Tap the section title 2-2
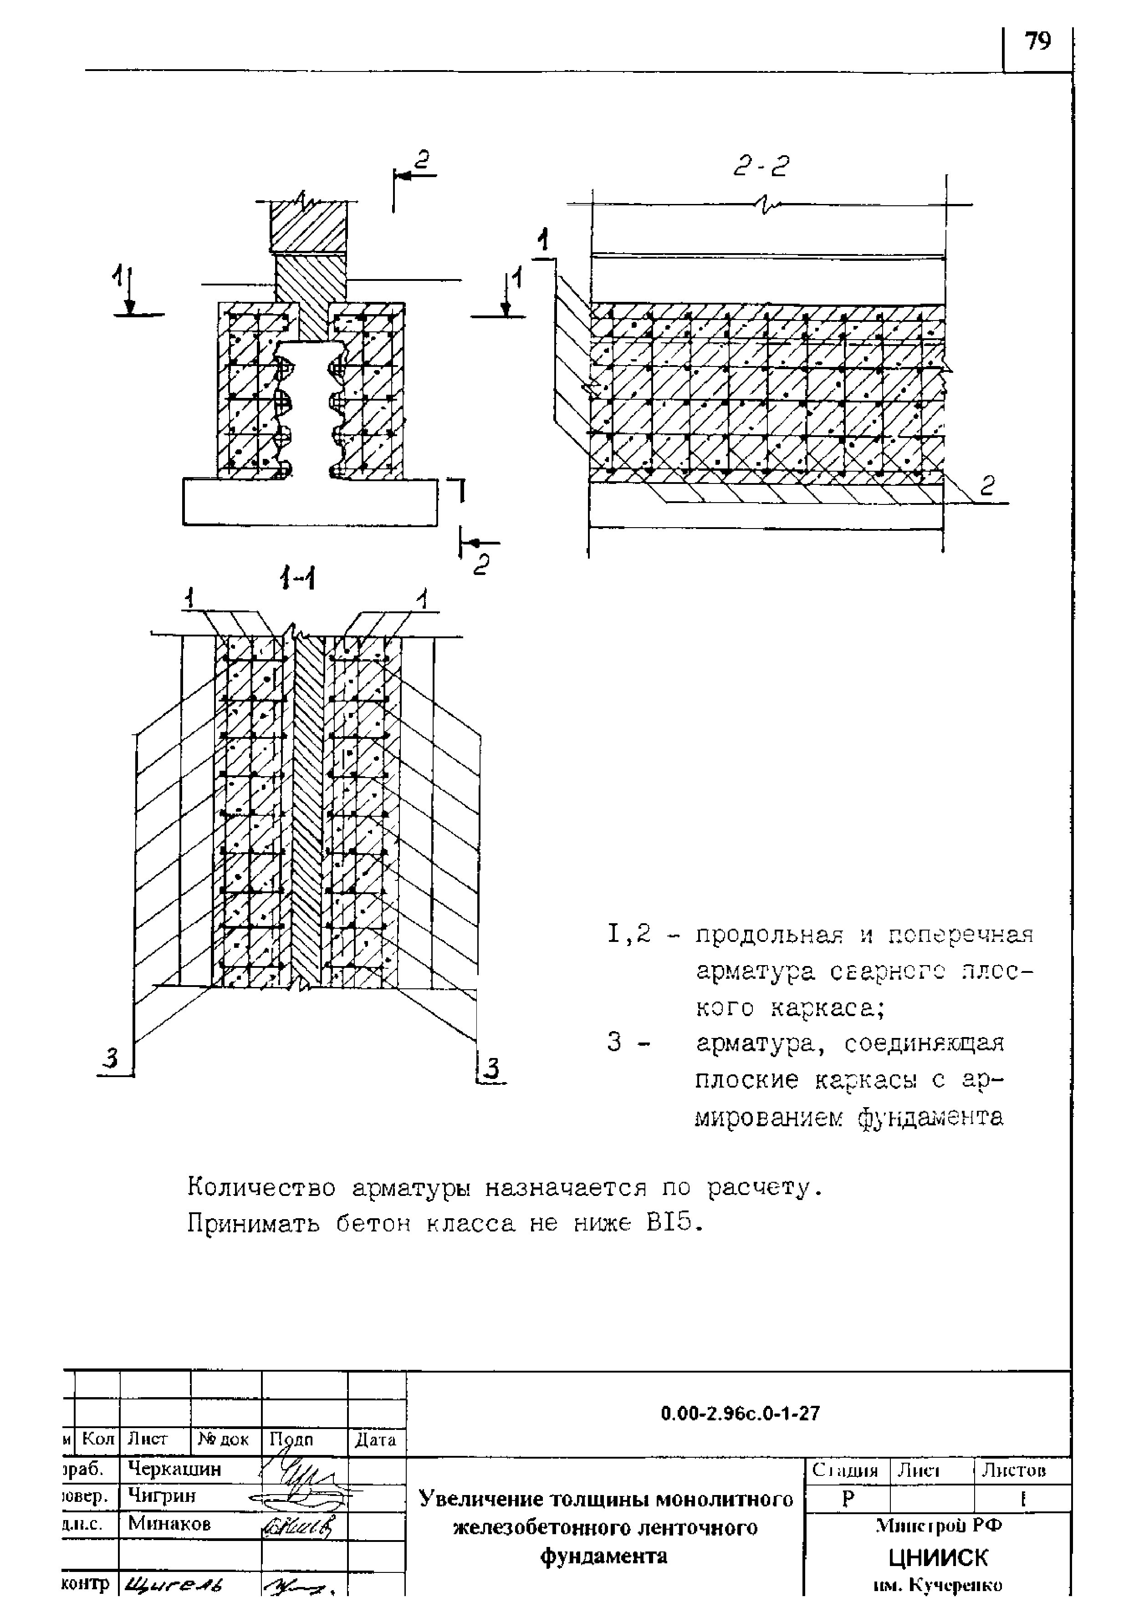click(762, 166)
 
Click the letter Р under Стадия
click(847, 1499)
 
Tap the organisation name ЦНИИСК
click(938, 1557)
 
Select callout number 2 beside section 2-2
click(988, 485)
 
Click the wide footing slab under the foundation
click(310, 502)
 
